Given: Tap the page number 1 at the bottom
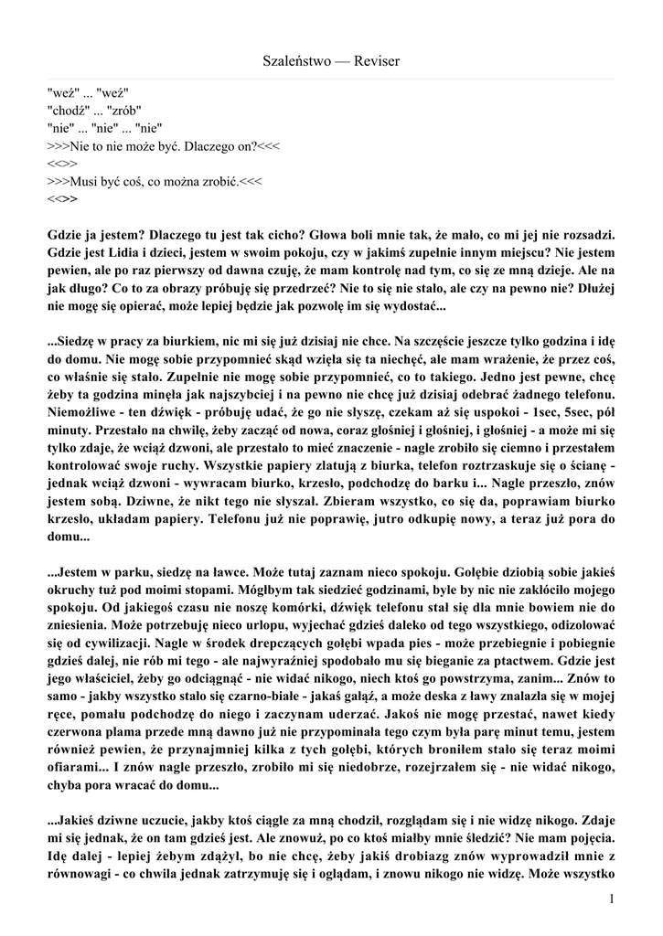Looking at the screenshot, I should coord(610,900).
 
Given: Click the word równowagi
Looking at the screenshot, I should coord(81,880).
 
